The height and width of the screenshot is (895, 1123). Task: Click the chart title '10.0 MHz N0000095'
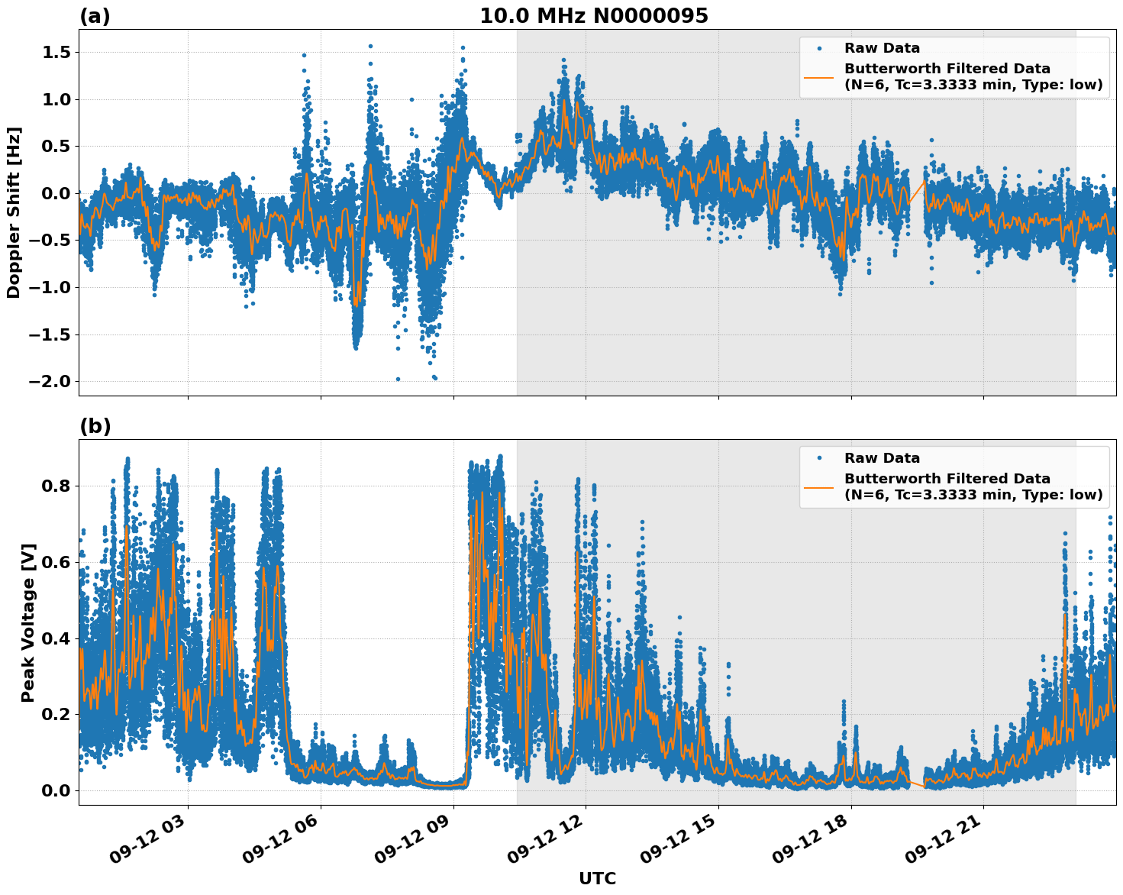[x=593, y=16]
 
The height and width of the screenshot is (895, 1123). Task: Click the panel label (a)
[x=95, y=16]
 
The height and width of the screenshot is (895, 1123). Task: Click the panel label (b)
[x=95, y=426]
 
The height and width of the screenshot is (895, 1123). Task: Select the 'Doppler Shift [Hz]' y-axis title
[x=14, y=212]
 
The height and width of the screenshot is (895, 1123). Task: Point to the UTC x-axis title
[x=597, y=878]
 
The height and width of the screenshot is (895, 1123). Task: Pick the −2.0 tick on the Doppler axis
[x=49, y=381]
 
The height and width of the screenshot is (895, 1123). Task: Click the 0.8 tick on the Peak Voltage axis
[x=54, y=486]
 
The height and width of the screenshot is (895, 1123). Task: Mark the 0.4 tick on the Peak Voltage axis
[x=54, y=638]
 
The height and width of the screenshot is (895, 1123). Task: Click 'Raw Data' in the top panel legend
[x=882, y=48]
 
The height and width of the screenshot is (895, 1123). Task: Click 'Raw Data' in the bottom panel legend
[x=882, y=458]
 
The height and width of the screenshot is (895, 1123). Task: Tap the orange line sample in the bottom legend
[x=818, y=486]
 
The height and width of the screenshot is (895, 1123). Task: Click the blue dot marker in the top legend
[x=818, y=48]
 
